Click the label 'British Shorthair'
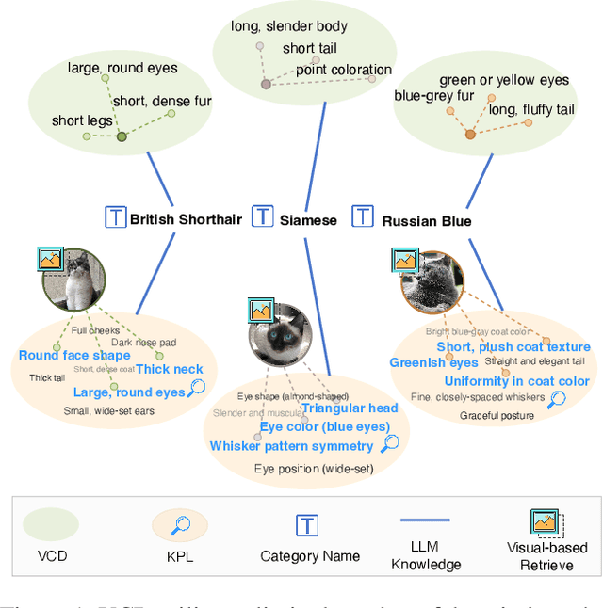(x=186, y=220)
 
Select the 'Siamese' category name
(x=308, y=220)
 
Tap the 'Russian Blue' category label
(x=427, y=221)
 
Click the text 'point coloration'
(x=344, y=70)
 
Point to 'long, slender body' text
(x=289, y=26)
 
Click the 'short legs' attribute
(x=82, y=120)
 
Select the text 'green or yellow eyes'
(x=504, y=81)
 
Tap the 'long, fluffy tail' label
(x=532, y=110)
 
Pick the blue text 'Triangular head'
(x=350, y=408)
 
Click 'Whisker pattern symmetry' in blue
(x=292, y=446)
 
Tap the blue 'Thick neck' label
(x=170, y=370)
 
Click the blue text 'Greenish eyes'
(x=433, y=362)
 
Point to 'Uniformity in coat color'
(x=517, y=381)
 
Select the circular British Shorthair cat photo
(x=72, y=280)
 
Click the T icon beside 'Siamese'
(x=263, y=217)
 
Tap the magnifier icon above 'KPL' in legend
(x=179, y=525)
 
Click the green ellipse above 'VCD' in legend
(x=51, y=525)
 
